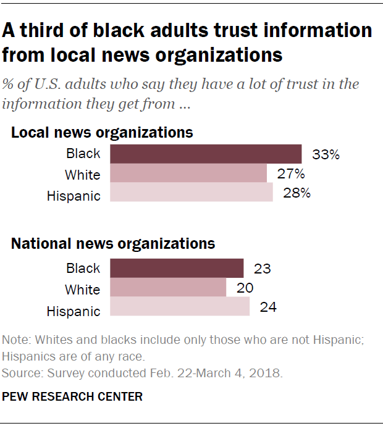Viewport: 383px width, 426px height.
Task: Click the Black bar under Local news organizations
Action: point(206,154)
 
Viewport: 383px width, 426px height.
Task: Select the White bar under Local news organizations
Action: point(188,174)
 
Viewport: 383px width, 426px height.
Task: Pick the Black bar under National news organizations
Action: point(177,269)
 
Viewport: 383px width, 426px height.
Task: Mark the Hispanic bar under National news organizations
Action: point(180,307)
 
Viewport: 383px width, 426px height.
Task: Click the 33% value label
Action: point(326,154)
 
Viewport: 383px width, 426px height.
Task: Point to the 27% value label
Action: point(291,174)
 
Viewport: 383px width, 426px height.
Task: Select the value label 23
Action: point(263,269)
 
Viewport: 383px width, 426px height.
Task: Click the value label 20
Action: point(245,288)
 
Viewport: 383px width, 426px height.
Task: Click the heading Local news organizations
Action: point(102,132)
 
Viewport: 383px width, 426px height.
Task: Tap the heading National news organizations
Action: point(113,243)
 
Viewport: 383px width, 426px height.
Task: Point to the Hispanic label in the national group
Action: point(73,311)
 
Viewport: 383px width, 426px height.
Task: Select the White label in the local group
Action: point(82,175)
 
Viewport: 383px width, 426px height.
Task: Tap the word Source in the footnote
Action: point(18,374)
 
